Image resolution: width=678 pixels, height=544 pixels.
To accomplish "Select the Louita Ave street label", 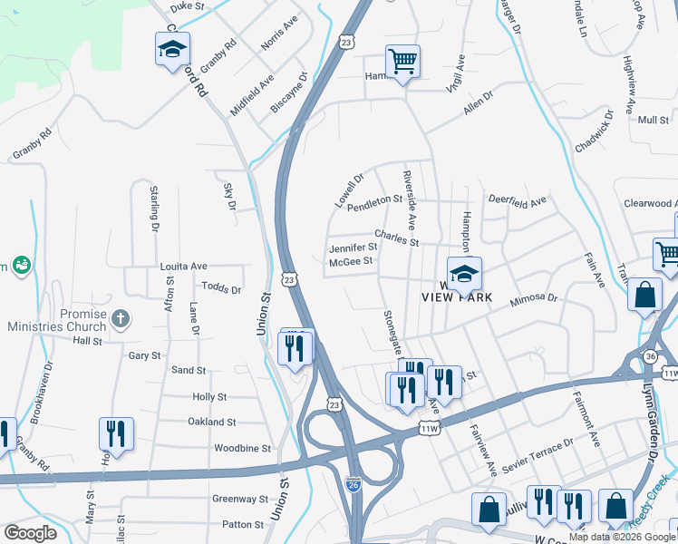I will (184, 267).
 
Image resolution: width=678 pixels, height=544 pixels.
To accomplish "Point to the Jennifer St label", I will (353, 247).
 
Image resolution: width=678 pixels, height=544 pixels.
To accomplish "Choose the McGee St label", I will (351, 261).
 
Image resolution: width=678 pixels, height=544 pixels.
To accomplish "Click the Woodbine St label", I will (242, 448).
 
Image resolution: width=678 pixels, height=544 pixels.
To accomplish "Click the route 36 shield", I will (651, 357).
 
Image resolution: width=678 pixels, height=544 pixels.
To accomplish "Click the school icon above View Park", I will (463, 274).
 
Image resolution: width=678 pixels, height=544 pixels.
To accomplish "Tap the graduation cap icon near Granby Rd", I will (171, 51).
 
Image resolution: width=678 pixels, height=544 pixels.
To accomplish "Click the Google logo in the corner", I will (30, 533).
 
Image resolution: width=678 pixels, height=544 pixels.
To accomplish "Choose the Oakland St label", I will (211, 423).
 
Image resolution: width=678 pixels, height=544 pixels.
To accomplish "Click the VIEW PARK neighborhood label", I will (456, 297).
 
